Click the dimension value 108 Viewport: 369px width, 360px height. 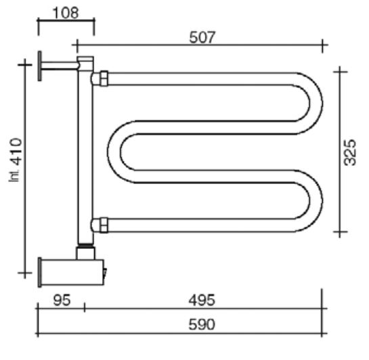point(66,13)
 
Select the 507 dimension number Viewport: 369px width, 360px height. point(202,38)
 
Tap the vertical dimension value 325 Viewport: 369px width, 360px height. point(349,153)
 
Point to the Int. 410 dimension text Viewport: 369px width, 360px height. point(16,160)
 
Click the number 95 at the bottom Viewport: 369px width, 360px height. point(62,300)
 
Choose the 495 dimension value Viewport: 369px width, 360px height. point(202,300)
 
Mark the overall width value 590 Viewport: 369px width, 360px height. point(202,325)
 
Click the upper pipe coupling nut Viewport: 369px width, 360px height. point(104,78)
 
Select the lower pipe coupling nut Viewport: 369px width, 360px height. point(104,225)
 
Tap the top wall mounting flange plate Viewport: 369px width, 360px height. point(40,66)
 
